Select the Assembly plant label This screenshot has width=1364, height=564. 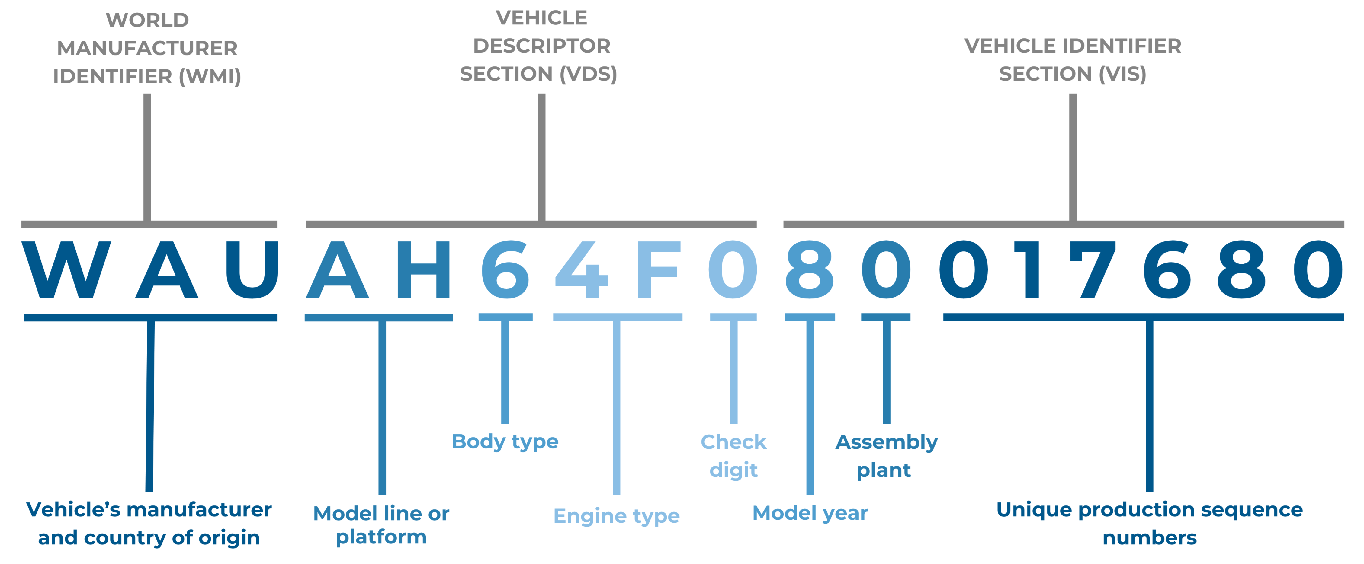pos(886,456)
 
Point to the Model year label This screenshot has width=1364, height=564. pos(810,513)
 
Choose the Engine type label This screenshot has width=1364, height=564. pos(616,516)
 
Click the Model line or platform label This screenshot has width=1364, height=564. pos(381,524)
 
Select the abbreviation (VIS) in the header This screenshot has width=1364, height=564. pos(1122,74)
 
